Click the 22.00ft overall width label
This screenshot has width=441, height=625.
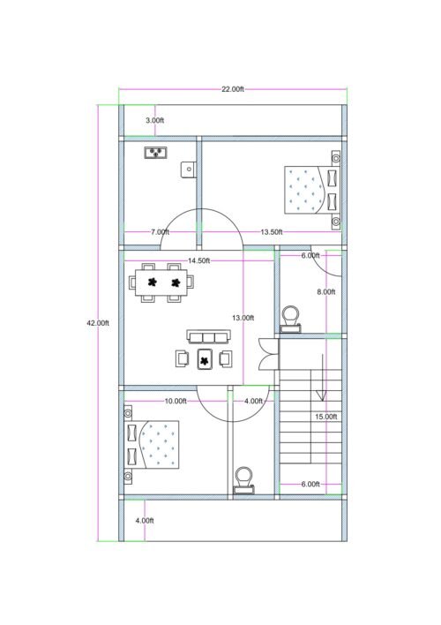click(233, 89)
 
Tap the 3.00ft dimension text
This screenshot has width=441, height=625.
click(154, 119)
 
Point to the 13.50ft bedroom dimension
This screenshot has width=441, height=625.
click(271, 231)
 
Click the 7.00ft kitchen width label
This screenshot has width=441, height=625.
click(160, 231)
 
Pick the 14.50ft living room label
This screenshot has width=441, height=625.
click(198, 260)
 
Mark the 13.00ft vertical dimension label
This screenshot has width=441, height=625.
click(243, 317)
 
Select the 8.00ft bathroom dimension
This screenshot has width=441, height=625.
click(325, 291)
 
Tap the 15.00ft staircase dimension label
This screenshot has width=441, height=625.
click(325, 416)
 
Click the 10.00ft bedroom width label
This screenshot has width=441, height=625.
click(176, 401)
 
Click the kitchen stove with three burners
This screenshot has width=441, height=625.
click(156, 152)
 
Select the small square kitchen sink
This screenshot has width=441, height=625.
click(189, 168)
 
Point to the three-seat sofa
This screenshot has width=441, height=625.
click(207, 336)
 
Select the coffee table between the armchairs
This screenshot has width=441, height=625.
click(206, 359)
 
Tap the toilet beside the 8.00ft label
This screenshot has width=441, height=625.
click(290, 319)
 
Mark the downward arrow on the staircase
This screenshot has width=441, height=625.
click(324, 378)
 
